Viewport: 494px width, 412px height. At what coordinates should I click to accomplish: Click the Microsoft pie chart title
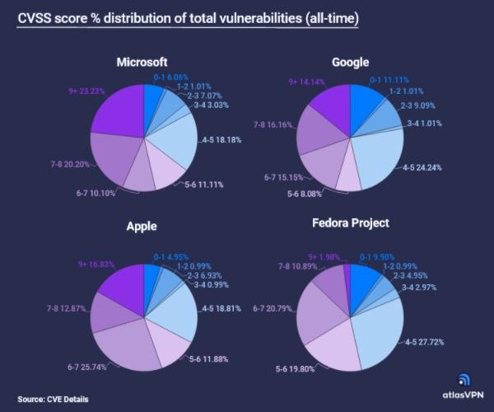click(142, 62)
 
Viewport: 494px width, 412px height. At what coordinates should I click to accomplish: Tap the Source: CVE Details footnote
click(53, 400)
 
